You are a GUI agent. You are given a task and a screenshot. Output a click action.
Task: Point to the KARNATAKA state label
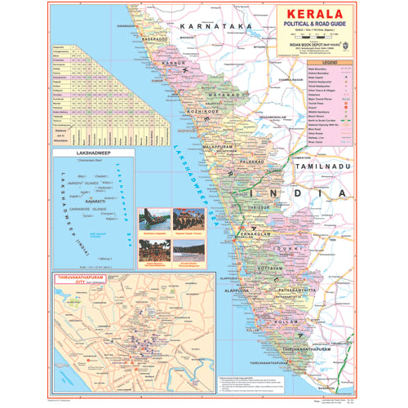tap(204, 26)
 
